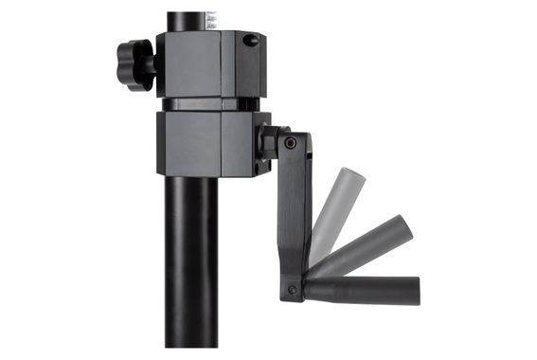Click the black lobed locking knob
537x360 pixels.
point(135,63)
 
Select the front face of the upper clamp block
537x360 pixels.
point(188,63)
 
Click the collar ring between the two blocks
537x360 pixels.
point(205,103)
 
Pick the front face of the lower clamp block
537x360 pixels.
point(188,143)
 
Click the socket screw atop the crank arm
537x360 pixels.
point(290,144)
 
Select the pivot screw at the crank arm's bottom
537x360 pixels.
point(292,289)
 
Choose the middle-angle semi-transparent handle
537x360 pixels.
point(360,247)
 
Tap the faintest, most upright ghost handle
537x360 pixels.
point(333,204)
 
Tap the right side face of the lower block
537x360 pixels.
point(241,144)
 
